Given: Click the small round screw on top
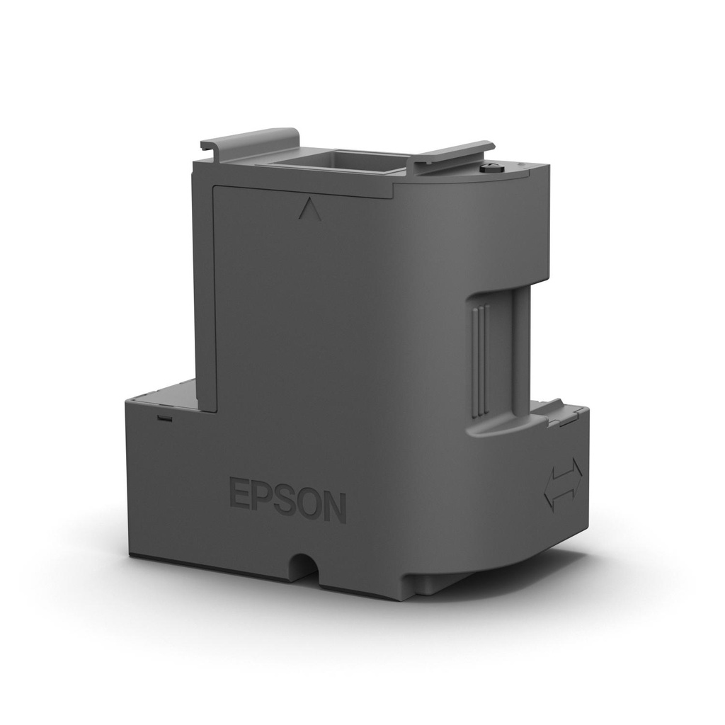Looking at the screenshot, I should tap(491, 168).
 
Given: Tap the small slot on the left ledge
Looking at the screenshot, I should tap(165, 417).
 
